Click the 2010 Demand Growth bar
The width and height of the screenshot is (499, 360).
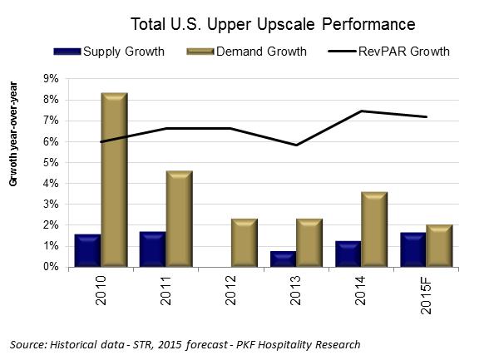114,180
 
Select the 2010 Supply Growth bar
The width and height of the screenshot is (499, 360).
88,250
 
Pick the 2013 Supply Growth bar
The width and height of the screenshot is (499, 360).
283,259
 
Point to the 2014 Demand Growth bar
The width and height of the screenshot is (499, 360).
373,229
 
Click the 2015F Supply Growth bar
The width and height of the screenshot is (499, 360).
413,249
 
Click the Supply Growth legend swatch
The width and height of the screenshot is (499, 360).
67,52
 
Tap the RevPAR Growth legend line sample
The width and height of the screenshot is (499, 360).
336,52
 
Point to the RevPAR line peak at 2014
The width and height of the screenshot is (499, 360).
361,111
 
